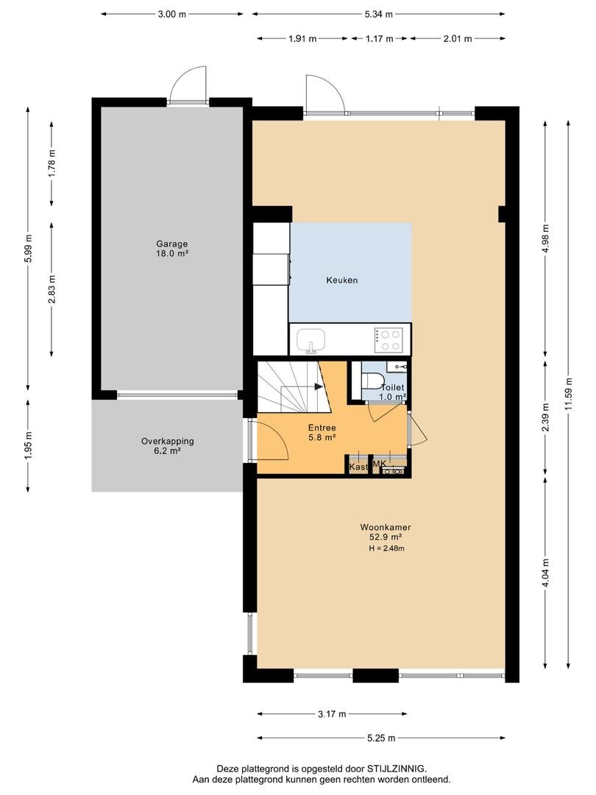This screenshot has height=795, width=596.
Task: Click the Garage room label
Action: tap(171, 244)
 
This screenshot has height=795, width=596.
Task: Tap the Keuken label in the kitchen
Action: tap(342, 280)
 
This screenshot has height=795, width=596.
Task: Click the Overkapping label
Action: tap(167, 442)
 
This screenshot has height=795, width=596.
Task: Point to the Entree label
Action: tap(322, 428)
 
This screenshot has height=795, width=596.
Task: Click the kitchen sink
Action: tap(311, 340)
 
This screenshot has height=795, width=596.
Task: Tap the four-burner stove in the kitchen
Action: tap(389, 340)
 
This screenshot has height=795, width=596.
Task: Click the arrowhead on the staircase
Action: tap(319, 387)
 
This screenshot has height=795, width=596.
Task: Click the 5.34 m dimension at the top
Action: tap(379, 14)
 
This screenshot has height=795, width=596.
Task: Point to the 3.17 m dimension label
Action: tap(332, 714)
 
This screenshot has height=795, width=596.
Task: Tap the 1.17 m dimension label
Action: tap(380, 38)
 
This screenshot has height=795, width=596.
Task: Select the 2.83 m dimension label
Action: tap(52, 289)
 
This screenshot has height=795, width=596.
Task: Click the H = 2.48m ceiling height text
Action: tap(386, 548)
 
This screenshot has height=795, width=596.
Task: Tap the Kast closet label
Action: tap(358, 467)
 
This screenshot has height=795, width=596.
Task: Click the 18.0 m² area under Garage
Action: tap(171, 253)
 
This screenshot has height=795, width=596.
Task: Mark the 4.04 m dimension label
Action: tap(545, 573)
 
